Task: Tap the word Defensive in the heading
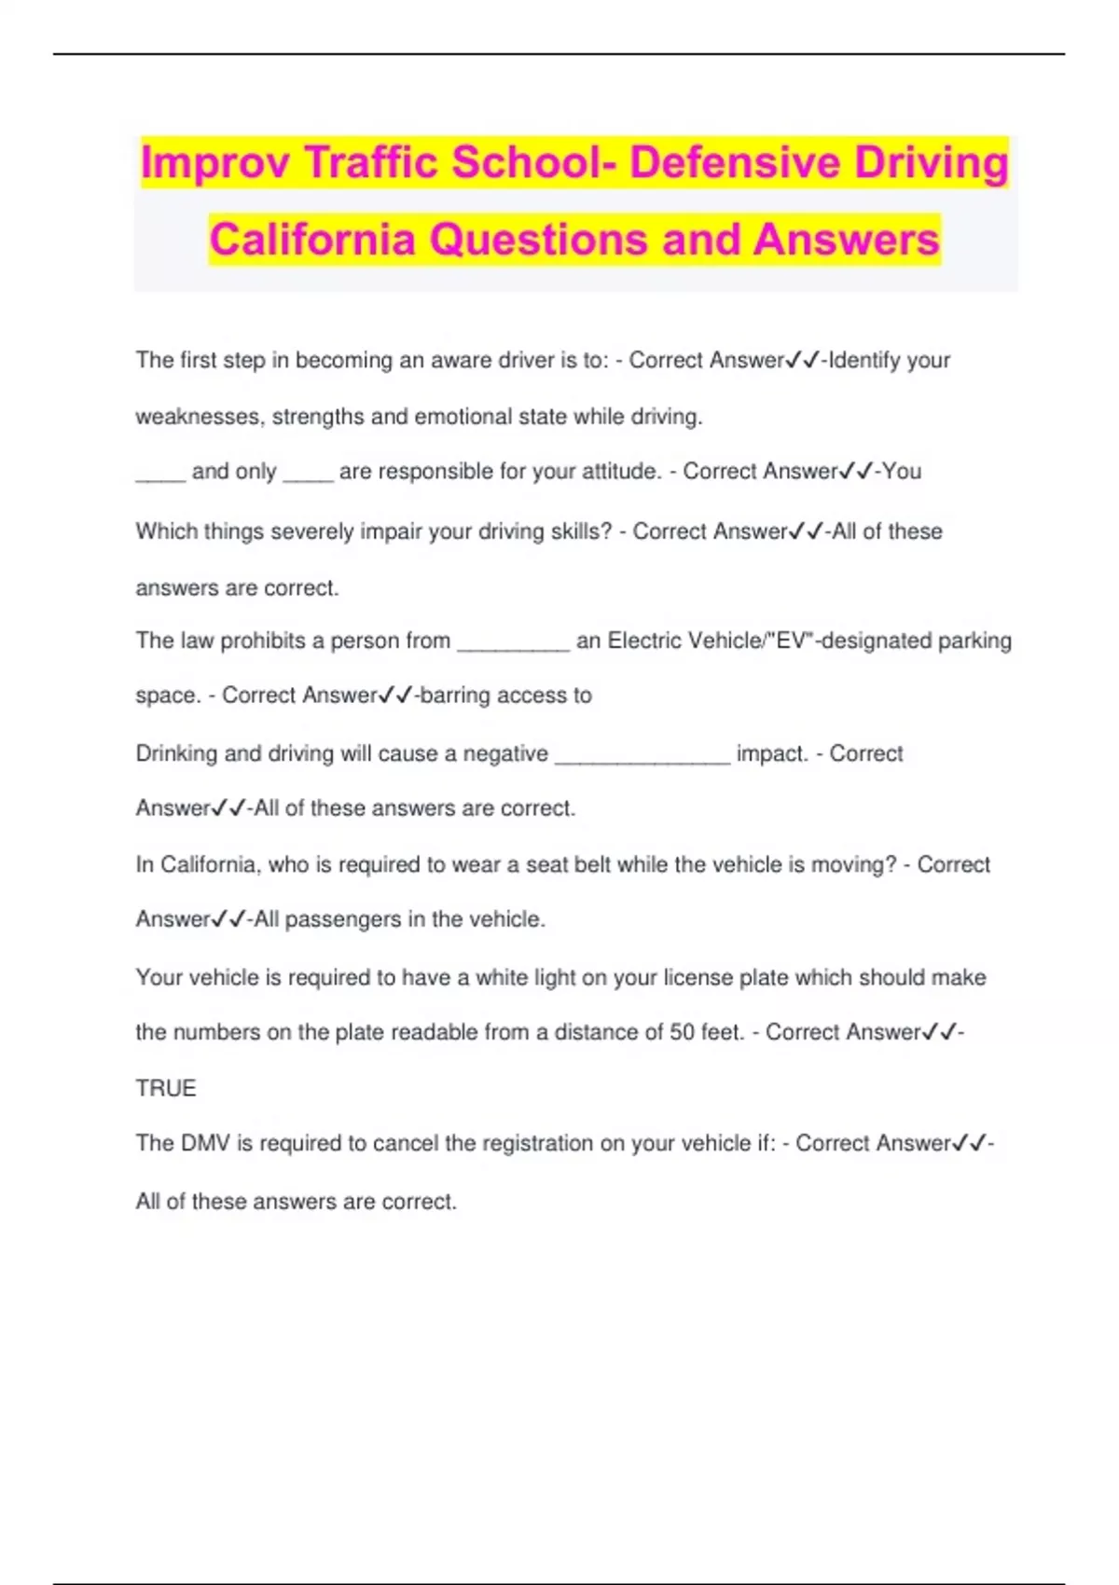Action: click(735, 162)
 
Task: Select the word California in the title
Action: click(312, 239)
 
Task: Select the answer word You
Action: click(902, 472)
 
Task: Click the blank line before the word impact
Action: click(642, 757)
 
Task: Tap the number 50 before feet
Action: click(682, 1032)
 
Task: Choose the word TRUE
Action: click(166, 1088)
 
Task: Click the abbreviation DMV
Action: click(205, 1143)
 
